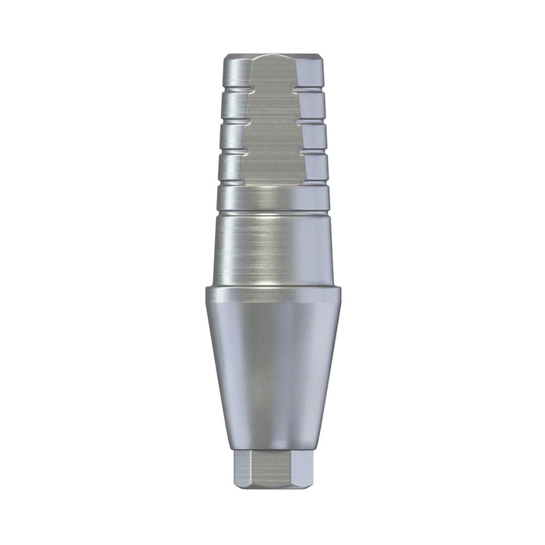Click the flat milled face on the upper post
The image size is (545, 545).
[272, 132]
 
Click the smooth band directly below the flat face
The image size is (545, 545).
[272, 199]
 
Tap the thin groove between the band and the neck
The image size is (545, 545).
[272, 213]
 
